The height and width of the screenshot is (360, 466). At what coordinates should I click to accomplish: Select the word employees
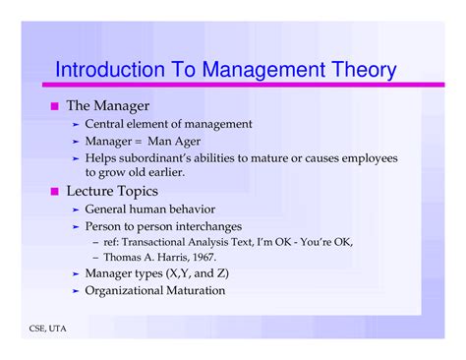367,157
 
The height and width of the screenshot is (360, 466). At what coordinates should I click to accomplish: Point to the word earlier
159,173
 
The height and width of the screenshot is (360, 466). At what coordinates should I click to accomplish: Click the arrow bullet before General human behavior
76,210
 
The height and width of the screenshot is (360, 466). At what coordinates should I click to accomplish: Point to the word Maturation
193,290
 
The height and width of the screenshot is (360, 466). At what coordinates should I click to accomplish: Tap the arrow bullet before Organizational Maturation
76,290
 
